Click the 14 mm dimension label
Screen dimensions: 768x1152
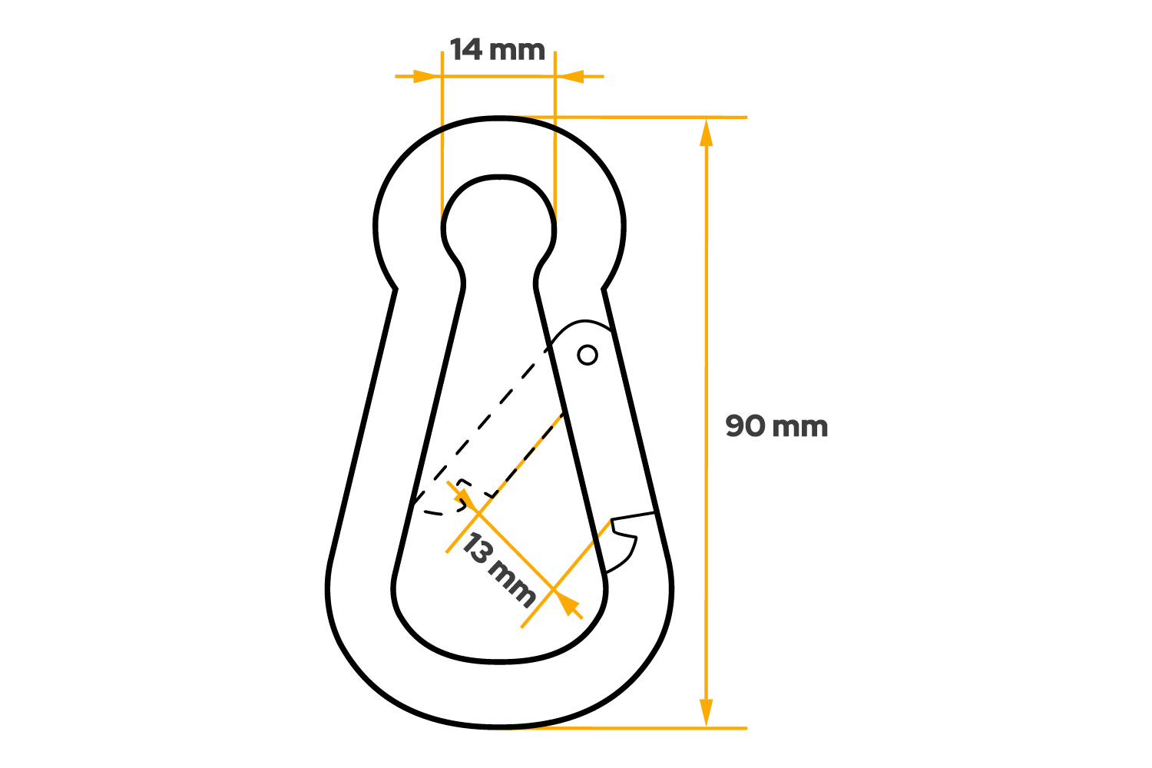pyautogui.click(x=497, y=51)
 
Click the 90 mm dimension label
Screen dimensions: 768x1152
pyautogui.click(x=776, y=426)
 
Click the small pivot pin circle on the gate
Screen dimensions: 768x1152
pyautogui.click(x=588, y=355)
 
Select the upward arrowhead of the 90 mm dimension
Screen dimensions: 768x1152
pyautogui.click(x=707, y=132)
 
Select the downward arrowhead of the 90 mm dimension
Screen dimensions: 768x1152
pyautogui.click(x=707, y=712)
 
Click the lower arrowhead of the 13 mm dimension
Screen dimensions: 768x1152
pyautogui.click(x=568, y=604)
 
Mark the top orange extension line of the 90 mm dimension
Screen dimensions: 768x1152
pyautogui.click(x=653, y=118)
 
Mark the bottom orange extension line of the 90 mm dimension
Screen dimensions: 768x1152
pyautogui.click(x=653, y=727)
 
